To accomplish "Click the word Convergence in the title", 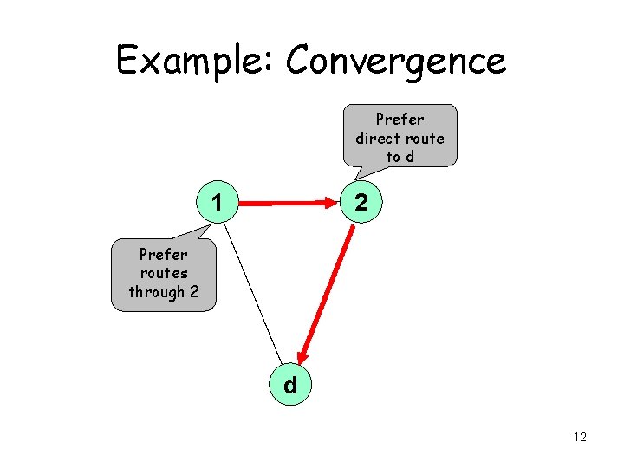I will click(x=395, y=62).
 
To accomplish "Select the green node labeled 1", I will click(x=218, y=205).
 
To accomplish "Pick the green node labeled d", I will click(x=290, y=385).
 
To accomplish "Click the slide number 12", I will click(x=580, y=437).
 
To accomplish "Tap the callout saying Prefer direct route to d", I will click(x=400, y=137).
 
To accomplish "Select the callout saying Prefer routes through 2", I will click(x=163, y=273).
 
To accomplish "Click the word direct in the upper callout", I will click(x=378, y=138).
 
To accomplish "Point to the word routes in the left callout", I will click(x=163, y=273).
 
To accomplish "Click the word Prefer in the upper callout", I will click(x=400, y=119).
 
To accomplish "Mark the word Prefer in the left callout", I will click(x=163, y=255).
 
